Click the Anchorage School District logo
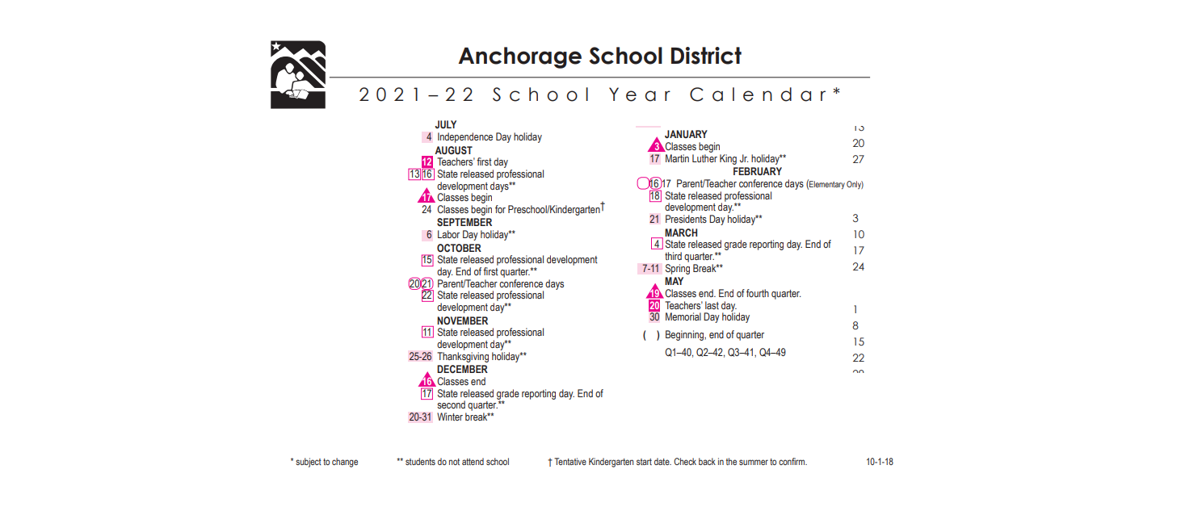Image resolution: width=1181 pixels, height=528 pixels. point(298,74)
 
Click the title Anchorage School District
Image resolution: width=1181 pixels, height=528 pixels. point(599,57)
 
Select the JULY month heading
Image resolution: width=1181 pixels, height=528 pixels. point(446,125)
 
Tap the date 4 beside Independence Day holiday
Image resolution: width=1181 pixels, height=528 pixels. point(428,137)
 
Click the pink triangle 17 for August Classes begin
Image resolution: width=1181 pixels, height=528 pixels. point(427,197)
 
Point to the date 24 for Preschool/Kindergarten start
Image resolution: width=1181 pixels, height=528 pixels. point(427,210)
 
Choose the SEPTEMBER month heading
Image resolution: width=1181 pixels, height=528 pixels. point(464,222)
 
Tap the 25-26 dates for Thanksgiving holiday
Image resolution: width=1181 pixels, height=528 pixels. point(420,357)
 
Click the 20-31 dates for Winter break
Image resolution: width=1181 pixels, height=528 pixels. point(420,417)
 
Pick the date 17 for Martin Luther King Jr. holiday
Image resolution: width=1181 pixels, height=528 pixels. point(655,159)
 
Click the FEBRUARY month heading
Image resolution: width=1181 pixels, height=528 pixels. point(757,172)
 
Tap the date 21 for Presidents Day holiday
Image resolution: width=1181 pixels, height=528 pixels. point(655,219)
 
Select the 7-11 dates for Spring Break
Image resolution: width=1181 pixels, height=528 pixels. point(650,269)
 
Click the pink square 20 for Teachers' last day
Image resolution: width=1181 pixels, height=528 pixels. point(654,306)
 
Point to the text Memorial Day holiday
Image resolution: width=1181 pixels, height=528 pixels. point(707,317)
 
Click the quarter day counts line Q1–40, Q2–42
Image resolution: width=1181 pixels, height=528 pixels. point(725,353)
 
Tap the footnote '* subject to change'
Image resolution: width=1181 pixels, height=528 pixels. point(324,462)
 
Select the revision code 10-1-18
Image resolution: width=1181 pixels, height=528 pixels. point(880,462)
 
